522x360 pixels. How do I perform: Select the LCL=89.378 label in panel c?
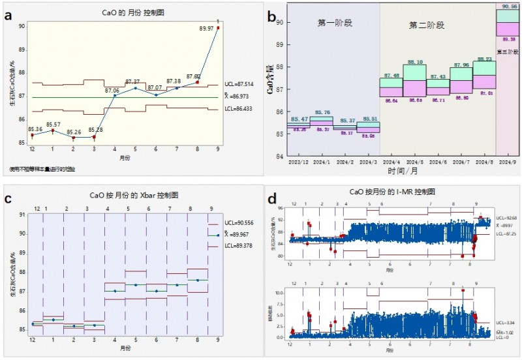click(241, 247)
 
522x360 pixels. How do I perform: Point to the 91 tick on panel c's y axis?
click(22, 214)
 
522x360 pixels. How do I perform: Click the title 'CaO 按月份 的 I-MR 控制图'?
click(392, 192)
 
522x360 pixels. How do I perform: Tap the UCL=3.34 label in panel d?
click(505, 322)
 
